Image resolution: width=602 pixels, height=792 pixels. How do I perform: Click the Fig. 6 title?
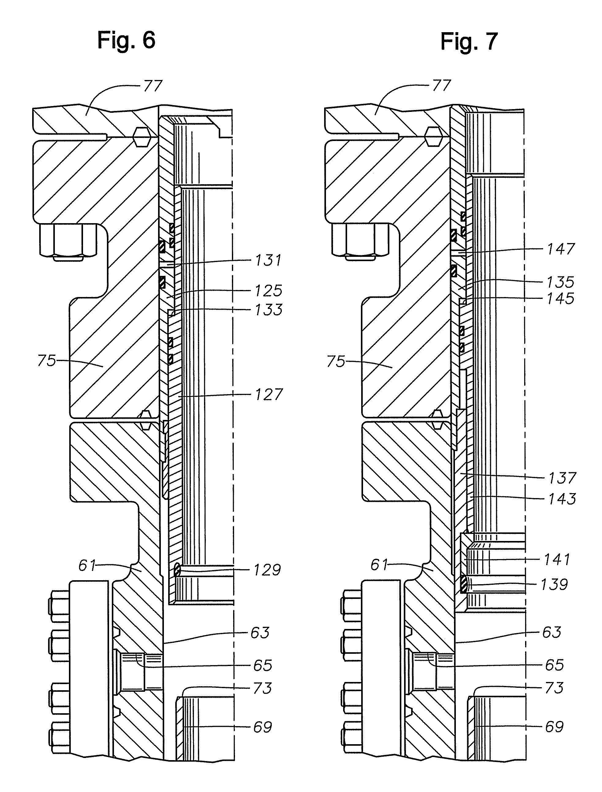coord(126,40)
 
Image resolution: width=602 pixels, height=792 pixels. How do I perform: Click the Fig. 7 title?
coord(469,41)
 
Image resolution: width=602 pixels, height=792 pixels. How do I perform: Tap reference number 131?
coord(269,260)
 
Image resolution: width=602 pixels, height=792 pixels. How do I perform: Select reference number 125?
coord(269,291)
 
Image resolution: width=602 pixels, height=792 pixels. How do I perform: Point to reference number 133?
coord(269,310)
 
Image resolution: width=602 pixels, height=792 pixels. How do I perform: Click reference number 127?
coord(269,394)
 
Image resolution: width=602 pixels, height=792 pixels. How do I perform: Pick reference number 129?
coord(267,570)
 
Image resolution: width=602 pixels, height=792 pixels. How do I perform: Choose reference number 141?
coord(557,559)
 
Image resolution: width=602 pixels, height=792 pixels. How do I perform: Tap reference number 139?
coord(554,584)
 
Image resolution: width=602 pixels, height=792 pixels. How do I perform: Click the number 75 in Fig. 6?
coord(47,361)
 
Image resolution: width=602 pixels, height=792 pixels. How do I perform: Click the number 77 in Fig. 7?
coord(441,86)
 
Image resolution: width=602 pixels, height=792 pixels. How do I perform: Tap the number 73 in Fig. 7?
coord(554,688)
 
